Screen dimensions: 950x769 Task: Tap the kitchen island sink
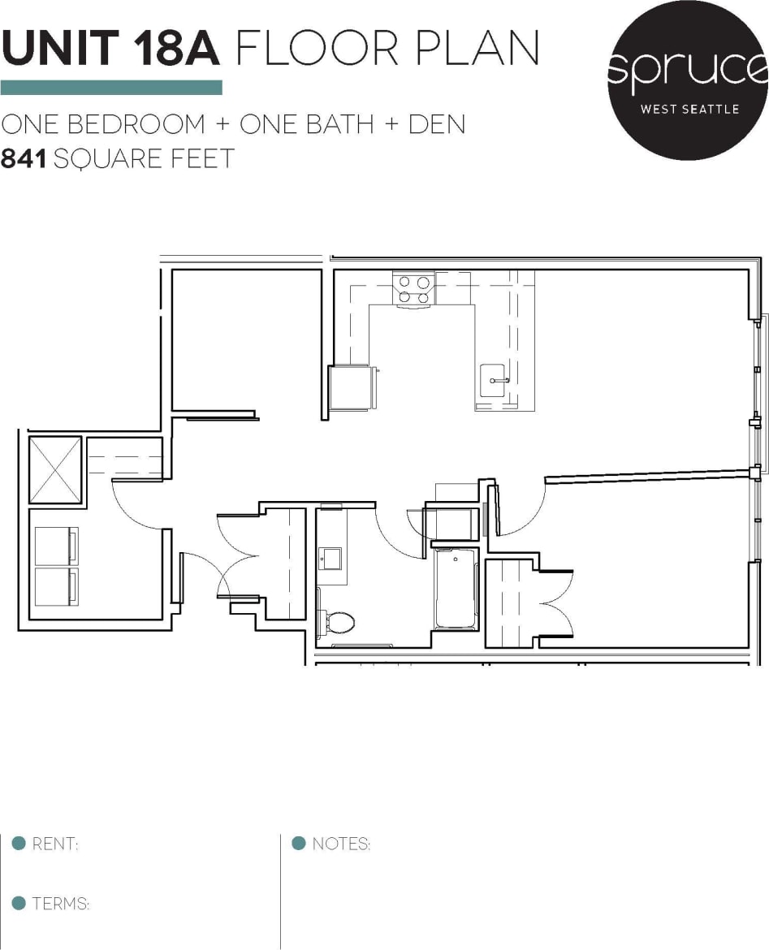(x=495, y=381)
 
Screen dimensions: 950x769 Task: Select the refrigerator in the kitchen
(x=352, y=388)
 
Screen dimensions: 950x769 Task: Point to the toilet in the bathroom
(x=339, y=623)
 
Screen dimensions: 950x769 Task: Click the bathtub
(x=456, y=589)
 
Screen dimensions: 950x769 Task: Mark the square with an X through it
(x=55, y=469)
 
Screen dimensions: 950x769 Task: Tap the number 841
(x=24, y=158)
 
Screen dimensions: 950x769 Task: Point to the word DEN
(x=436, y=125)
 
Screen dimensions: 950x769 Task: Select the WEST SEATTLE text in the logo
(x=689, y=109)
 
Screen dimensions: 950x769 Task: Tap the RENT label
(x=54, y=844)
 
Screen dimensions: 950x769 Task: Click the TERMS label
(x=60, y=904)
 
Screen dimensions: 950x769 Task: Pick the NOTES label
(x=341, y=844)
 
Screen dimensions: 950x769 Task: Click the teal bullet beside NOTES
(x=298, y=843)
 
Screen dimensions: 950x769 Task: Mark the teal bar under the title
(x=111, y=88)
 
